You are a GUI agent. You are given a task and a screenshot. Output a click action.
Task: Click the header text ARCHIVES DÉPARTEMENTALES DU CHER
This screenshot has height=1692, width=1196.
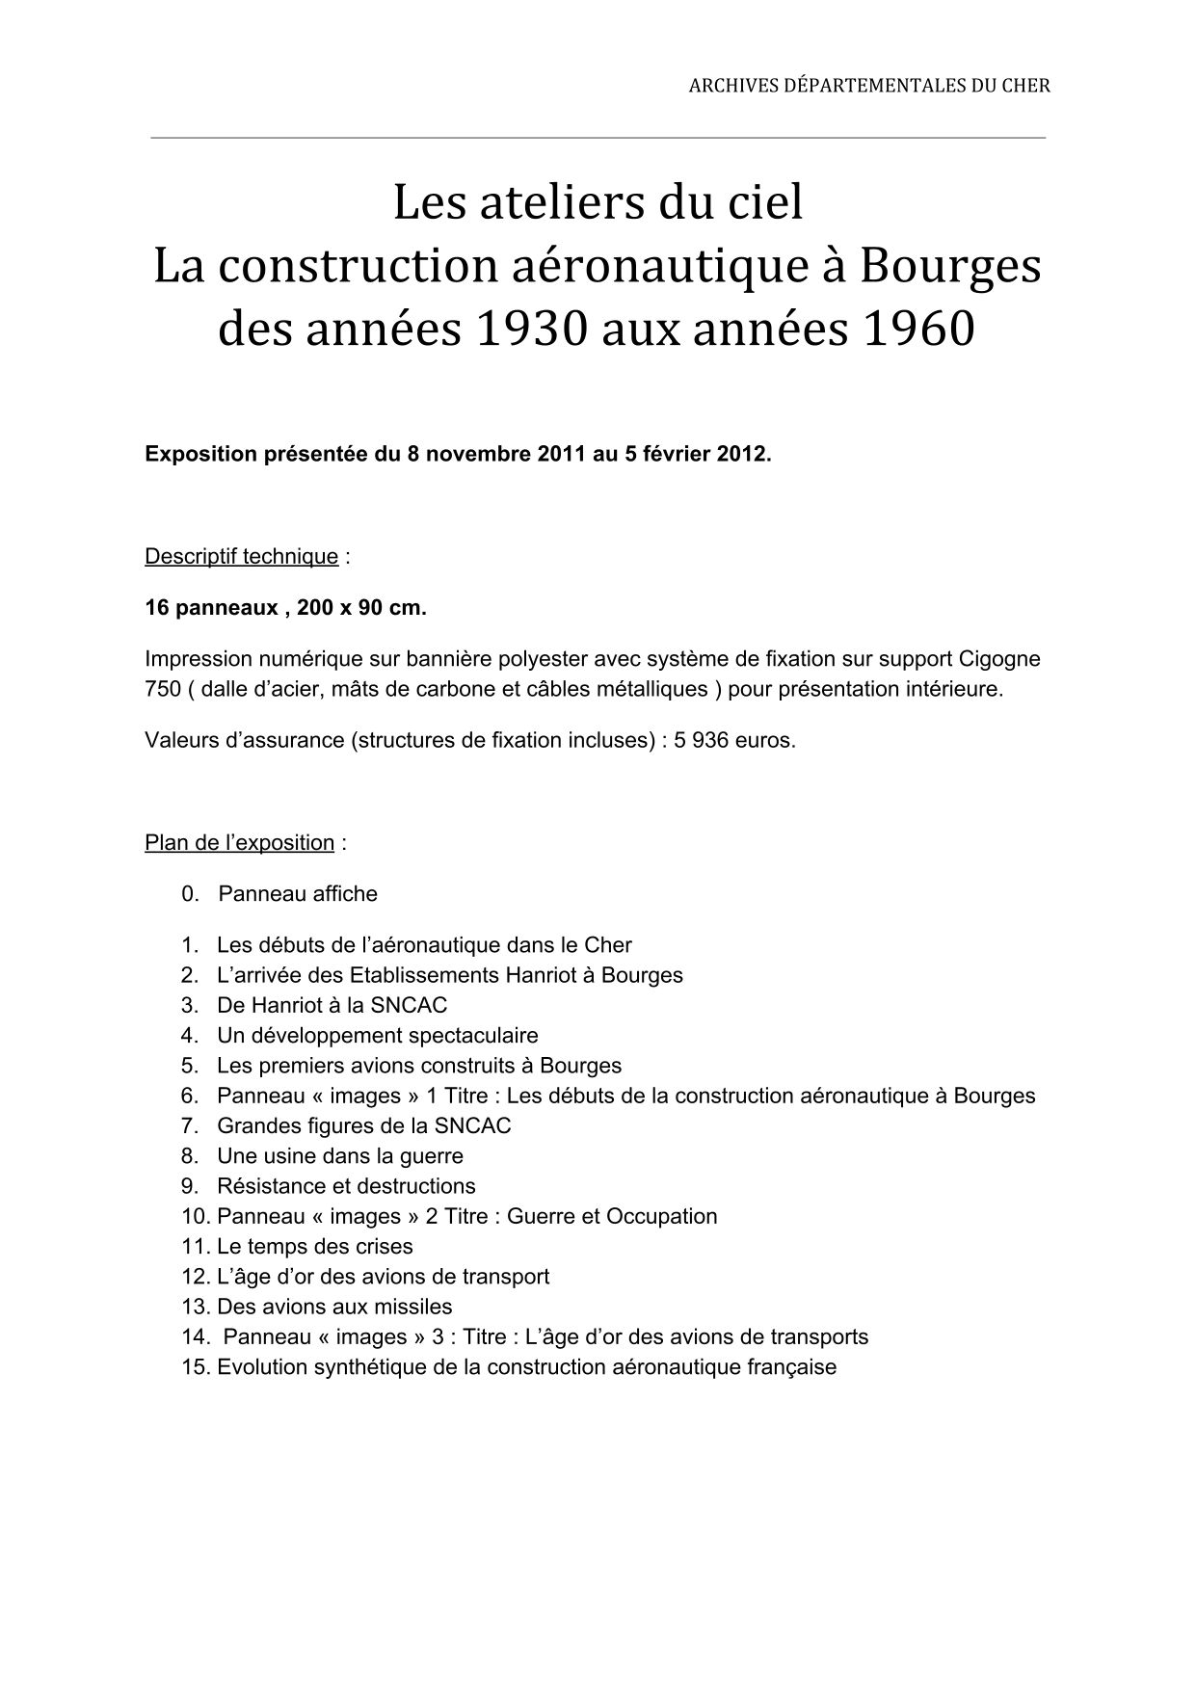868,86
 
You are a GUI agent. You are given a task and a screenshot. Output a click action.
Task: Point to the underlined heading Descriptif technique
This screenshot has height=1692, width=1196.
241,557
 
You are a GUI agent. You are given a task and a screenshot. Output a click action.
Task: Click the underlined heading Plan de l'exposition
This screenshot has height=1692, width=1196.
239,843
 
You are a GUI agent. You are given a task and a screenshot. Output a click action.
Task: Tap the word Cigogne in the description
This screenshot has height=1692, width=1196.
999,660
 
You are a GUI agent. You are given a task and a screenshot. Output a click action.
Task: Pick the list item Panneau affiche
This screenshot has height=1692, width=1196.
298,894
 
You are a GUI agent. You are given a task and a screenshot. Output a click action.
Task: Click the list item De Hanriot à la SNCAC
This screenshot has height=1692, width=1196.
332,1006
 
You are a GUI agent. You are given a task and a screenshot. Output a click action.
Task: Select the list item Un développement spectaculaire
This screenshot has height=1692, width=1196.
377,1036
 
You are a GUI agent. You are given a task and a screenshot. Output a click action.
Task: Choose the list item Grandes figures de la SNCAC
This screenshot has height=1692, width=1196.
363,1126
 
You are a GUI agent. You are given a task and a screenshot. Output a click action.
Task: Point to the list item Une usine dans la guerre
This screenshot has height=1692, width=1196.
339,1156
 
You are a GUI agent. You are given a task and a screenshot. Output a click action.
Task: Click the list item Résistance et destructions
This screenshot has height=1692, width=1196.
346,1186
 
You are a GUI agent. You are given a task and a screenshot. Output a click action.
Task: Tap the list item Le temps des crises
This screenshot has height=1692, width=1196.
314,1247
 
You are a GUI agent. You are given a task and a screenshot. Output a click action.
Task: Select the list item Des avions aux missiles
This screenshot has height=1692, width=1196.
333,1308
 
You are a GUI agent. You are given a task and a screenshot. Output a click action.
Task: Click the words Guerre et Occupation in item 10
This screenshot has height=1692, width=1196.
612,1217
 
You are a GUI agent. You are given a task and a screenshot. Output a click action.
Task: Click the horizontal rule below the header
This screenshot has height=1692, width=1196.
598,138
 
